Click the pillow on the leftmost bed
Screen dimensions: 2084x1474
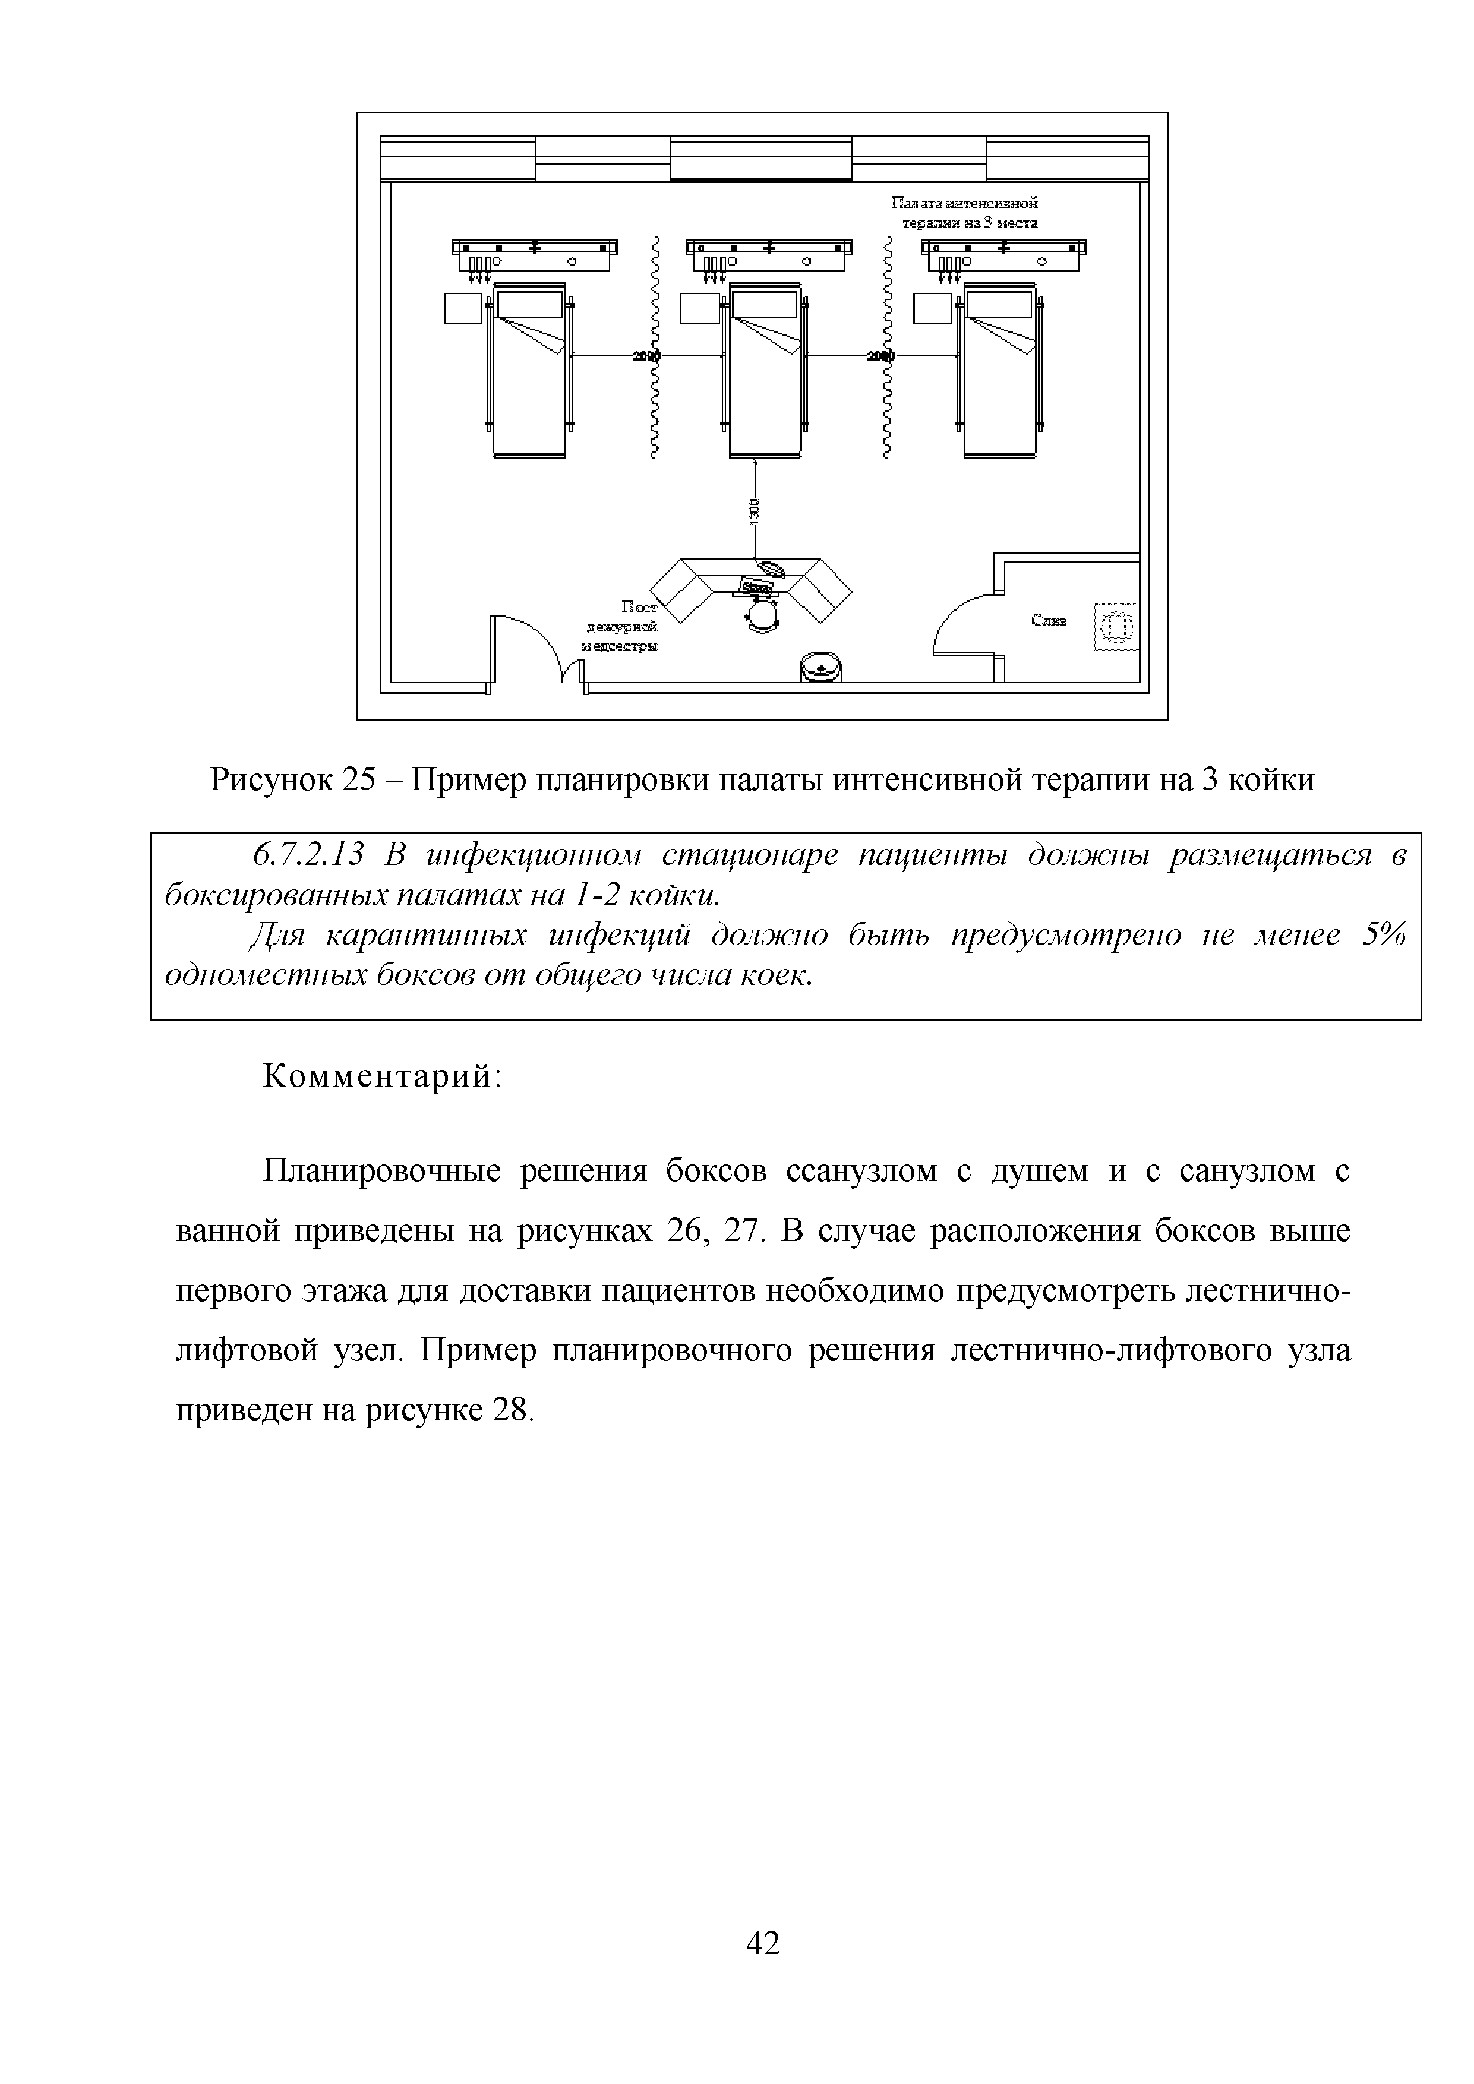[x=529, y=304]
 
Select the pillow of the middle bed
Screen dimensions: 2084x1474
[x=765, y=304]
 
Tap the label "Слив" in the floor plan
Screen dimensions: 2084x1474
[x=1049, y=621]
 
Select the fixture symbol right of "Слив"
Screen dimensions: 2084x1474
[x=1116, y=626]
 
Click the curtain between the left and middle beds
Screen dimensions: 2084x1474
[x=654, y=347]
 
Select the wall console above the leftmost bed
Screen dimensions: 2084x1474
[x=535, y=254]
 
